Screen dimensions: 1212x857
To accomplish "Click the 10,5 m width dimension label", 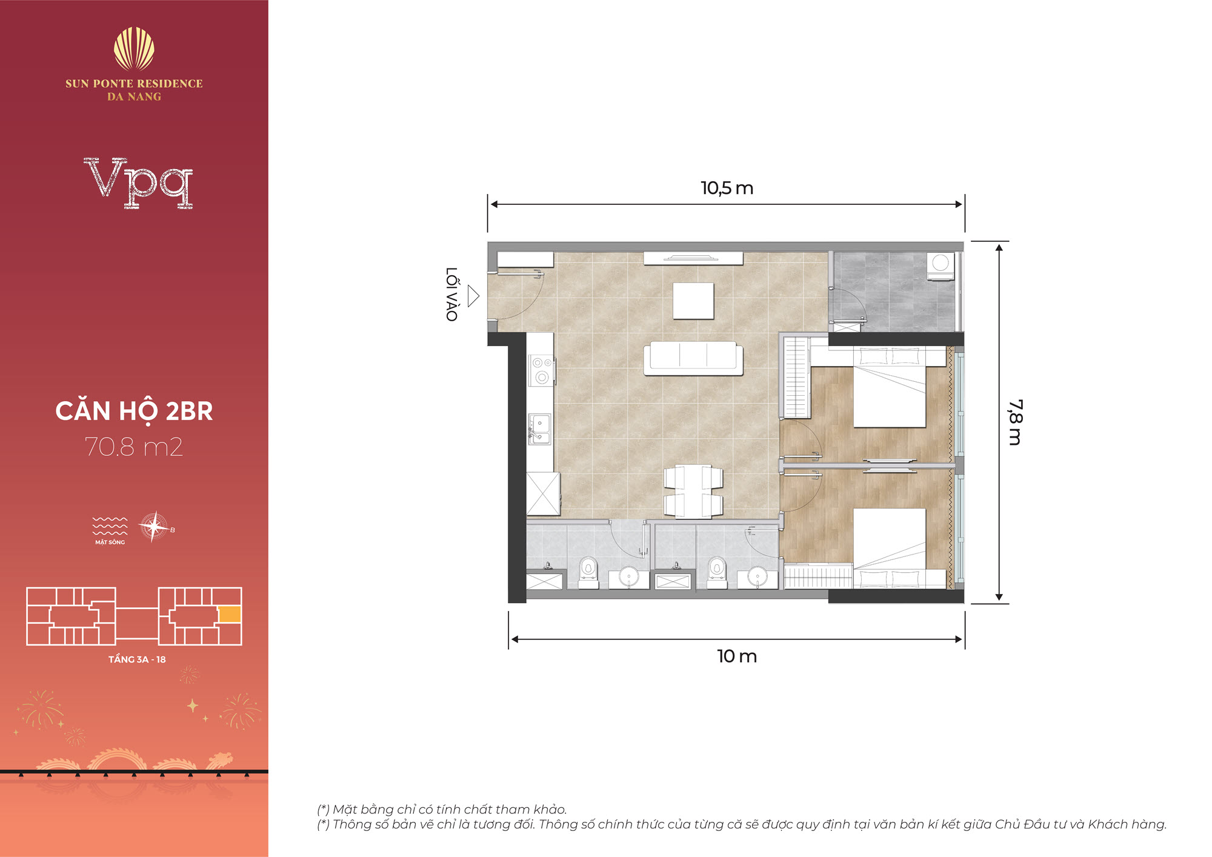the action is (x=727, y=188).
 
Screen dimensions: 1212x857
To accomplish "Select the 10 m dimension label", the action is (x=737, y=656).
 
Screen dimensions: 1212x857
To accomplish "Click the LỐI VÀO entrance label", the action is (x=452, y=294).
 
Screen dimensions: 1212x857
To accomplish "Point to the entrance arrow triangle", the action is (x=473, y=296).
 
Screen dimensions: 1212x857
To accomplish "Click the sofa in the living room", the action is (x=693, y=358).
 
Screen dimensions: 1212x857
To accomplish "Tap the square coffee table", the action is (x=693, y=301).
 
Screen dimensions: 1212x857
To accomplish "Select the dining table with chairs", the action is (x=693, y=492).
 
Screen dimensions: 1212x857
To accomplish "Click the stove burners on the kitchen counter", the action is (x=542, y=370).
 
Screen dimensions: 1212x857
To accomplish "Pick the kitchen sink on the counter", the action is (x=539, y=428).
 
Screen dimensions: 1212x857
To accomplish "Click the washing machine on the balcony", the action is (x=941, y=267).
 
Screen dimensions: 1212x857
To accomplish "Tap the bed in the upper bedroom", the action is (x=890, y=387).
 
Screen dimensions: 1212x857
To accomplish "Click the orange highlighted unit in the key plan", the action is (x=230, y=615).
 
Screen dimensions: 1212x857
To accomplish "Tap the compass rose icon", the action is (x=154, y=526).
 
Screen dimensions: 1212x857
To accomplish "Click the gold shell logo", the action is (x=134, y=49).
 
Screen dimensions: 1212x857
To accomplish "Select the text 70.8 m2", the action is (x=134, y=447).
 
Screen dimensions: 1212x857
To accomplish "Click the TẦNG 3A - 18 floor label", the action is (x=137, y=659).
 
